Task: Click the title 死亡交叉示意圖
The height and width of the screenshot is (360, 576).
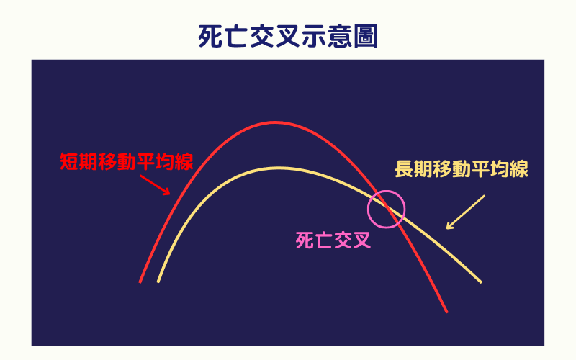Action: coord(288,36)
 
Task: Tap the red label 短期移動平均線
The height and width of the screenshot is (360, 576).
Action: coord(127,161)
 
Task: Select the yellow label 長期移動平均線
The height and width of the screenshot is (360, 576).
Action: coord(462,169)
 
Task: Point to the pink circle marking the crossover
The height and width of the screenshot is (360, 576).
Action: coord(387,209)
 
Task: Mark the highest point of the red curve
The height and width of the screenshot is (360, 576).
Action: coord(274,122)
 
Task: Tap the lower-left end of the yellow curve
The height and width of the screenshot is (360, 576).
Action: coord(158,281)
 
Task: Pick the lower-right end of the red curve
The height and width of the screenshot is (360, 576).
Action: coord(446,312)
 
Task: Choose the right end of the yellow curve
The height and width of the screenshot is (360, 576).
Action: coord(480,281)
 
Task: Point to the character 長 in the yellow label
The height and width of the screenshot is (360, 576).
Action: coord(404,169)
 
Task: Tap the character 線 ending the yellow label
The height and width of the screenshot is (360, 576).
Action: coord(519,169)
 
